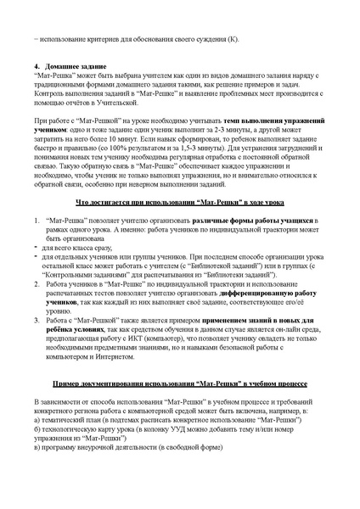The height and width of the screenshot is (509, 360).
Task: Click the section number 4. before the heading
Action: tap(37, 65)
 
